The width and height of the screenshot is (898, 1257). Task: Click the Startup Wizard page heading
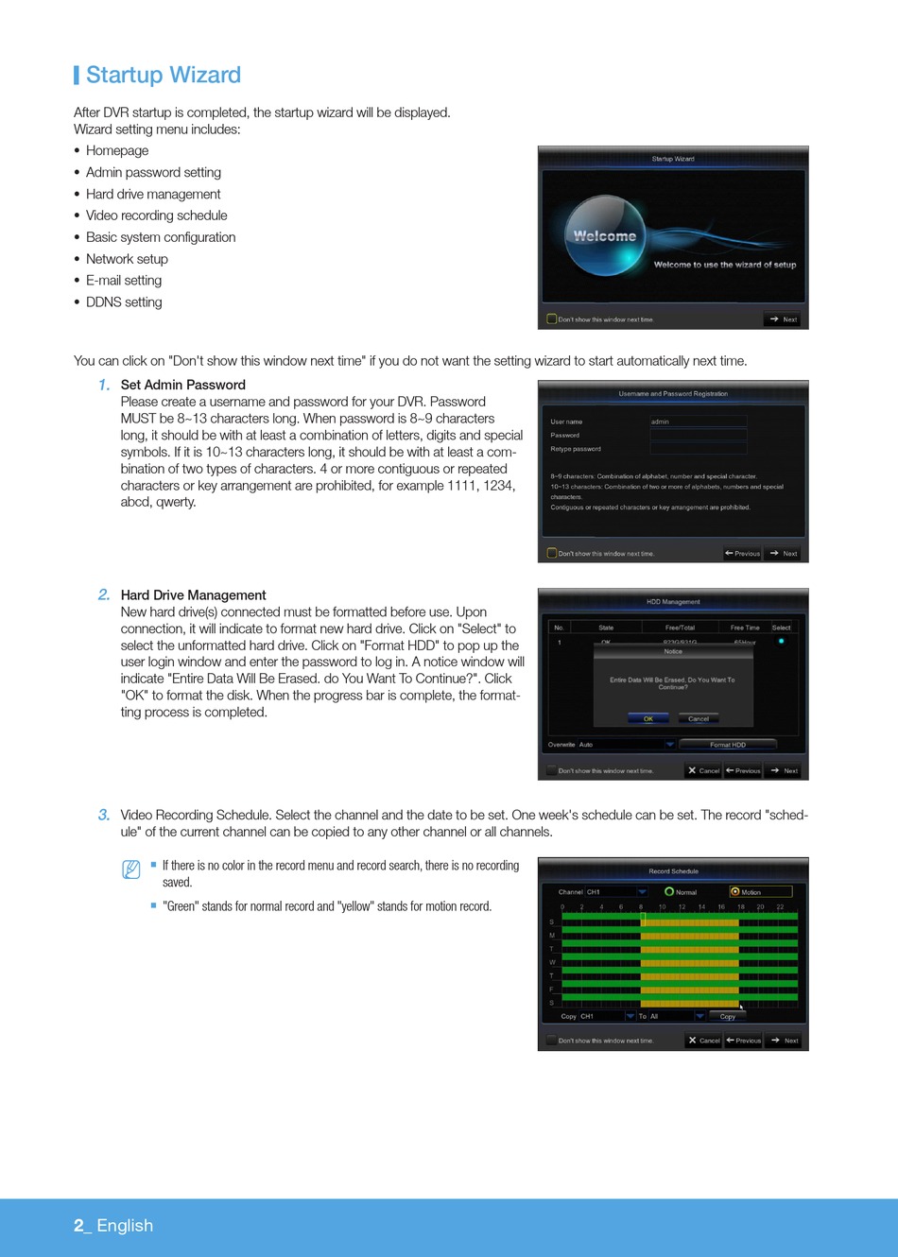tap(163, 76)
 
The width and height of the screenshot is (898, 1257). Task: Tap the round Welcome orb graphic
tap(605, 236)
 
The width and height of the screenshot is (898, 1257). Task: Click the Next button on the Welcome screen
tap(784, 319)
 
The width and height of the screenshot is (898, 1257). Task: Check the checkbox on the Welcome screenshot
tap(552, 319)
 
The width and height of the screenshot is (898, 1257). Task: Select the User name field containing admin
tap(699, 422)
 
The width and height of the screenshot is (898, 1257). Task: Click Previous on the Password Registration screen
tap(743, 554)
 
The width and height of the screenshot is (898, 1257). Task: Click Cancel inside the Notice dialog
tap(698, 719)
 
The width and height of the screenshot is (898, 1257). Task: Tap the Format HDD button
tap(727, 745)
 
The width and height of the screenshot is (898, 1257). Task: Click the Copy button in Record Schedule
tap(727, 1017)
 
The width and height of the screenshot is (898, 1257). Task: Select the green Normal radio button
tap(669, 892)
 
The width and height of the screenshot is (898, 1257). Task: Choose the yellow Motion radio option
tap(735, 892)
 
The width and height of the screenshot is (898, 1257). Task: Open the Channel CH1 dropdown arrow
tap(642, 892)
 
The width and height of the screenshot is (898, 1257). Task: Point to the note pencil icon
tap(131, 870)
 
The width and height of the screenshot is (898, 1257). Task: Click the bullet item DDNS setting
tap(124, 302)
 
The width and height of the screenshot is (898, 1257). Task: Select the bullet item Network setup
tap(127, 259)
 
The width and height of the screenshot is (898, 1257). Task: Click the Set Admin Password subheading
tap(182, 385)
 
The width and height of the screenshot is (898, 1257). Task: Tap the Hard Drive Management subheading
tap(193, 595)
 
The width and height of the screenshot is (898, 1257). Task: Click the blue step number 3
tap(104, 815)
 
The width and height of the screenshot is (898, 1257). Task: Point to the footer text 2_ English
tap(113, 1226)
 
